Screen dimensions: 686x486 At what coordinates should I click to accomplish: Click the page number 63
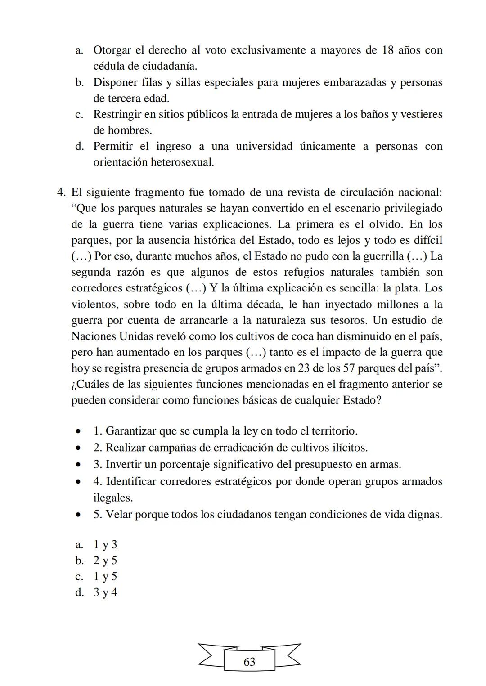(x=249, y=662)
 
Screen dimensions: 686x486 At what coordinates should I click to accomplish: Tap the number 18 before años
(x=388, y=50)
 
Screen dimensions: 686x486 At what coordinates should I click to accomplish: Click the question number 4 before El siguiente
(x=61, y=193)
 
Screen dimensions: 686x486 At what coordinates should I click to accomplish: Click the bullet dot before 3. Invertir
(x=79, y=465)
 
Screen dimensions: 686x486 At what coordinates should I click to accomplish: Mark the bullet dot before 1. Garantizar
(x=79, y=431)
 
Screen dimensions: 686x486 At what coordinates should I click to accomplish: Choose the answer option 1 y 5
(x=105, y=577)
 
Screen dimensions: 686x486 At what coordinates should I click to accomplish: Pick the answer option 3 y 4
(x=105, y=592)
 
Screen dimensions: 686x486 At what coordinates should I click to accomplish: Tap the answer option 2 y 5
(x=105, y=560)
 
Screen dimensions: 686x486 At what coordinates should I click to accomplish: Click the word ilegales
(x=113, y=498)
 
